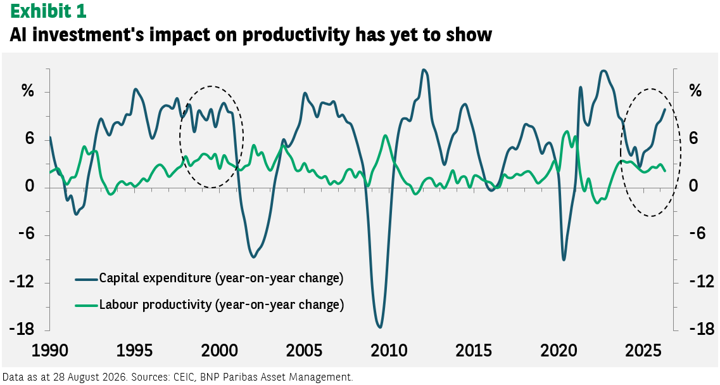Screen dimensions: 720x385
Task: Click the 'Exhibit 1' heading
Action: pyautogui.click(x=47, y=11)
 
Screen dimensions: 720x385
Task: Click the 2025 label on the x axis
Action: pyautogui.click(x=642, y=351)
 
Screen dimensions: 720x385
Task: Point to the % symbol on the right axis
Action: pyautogui.click(x=695, y=91)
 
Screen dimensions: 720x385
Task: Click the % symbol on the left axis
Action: pyautogui.click(x=28, y=91)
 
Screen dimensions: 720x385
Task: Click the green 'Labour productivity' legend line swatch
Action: pyautogui.click(x=87, y=304)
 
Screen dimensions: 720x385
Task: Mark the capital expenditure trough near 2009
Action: pyautogui.click(x=380, y=327)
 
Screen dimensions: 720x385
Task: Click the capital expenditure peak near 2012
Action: pyautogui.click(x=424, y=70)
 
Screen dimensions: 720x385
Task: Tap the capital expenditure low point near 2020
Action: pyautogui.click(x=564, y=259)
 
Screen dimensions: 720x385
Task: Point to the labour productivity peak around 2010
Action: pyautogui.click(x=385, y=136)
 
